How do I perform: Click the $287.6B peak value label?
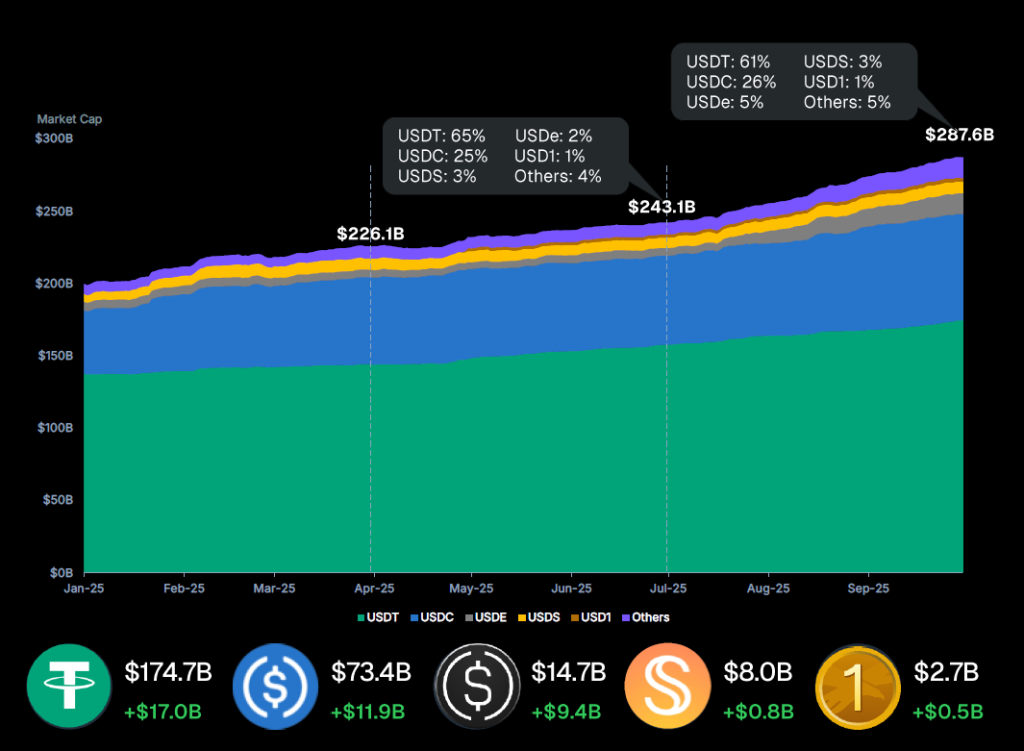point(959,134)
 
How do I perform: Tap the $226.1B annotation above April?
point(370,234)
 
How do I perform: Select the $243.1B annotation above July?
point(661,208)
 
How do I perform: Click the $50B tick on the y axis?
point(59,500)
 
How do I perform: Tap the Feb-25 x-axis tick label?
point(184,589)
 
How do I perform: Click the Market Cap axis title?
point(69,119)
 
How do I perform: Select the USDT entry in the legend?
point(376,617)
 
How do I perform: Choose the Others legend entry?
point(645,617)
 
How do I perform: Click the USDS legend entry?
point(540,617)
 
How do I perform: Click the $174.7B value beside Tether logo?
point(168,673)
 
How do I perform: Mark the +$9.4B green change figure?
point(565,712)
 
